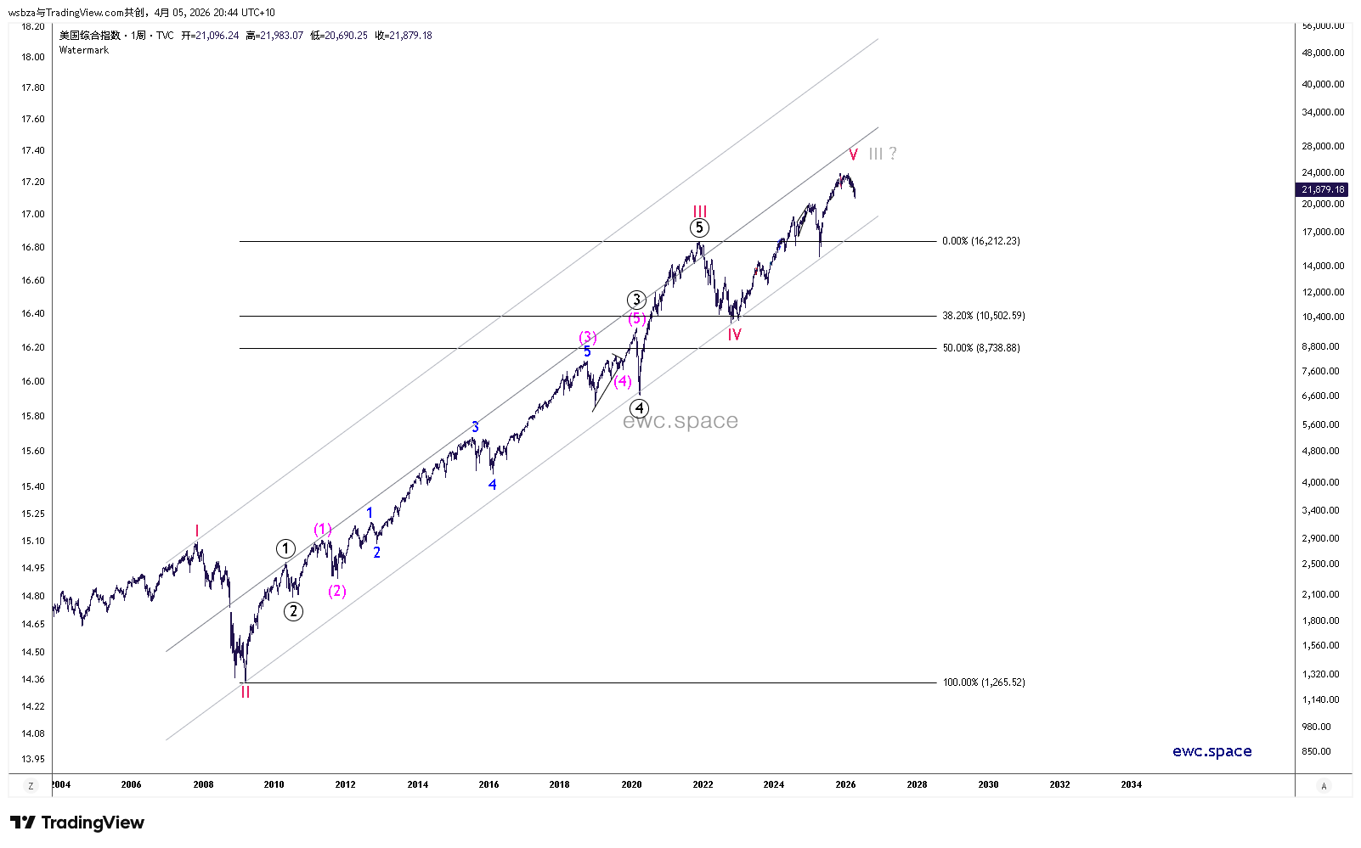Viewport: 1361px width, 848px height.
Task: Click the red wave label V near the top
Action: point(853,154)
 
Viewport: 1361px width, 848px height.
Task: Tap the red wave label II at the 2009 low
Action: point(245,693)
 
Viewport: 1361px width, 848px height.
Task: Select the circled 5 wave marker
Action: point(698,227)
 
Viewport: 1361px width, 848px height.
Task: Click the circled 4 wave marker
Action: point(639,408)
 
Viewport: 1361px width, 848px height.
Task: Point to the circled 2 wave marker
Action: point(293,611)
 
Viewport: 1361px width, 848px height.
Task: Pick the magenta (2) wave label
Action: point(337,591)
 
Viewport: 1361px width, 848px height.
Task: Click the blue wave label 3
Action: point(475,427)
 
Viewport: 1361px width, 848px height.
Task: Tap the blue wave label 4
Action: point(492,485)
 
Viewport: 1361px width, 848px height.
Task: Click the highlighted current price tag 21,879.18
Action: point(1323,189)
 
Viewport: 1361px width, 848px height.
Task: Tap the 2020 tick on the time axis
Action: point(631,784)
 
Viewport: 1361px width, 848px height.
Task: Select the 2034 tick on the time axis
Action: point(1131,784)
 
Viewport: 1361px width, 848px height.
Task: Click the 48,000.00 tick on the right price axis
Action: point(1323,53)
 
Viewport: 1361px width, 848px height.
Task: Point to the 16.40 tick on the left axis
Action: point(33,313)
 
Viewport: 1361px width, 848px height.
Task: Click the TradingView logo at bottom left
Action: point(77,823)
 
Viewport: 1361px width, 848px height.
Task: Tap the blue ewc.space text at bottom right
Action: point(1211,751)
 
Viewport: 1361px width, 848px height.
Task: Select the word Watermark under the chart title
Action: point(84,50)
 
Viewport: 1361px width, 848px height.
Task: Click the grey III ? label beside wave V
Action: point(882,154)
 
